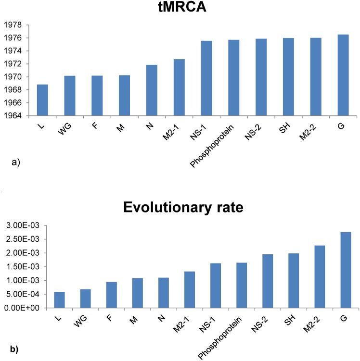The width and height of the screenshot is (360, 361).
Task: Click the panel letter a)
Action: pyautogui.click(x=15, y=163)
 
